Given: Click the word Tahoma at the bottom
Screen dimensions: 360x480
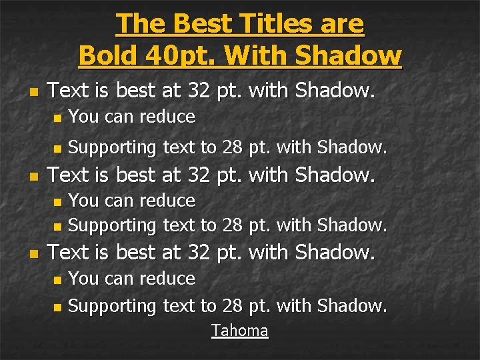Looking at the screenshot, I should [x=240, y=331].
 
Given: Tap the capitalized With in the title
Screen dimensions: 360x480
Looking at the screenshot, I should [x=255, y=55].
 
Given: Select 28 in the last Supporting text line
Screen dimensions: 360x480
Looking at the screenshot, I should [x=232, y=306].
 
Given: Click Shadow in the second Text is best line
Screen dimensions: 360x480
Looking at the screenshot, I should [x=335, y=175].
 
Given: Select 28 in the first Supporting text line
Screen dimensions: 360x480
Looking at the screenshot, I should [x=232, y=147].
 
